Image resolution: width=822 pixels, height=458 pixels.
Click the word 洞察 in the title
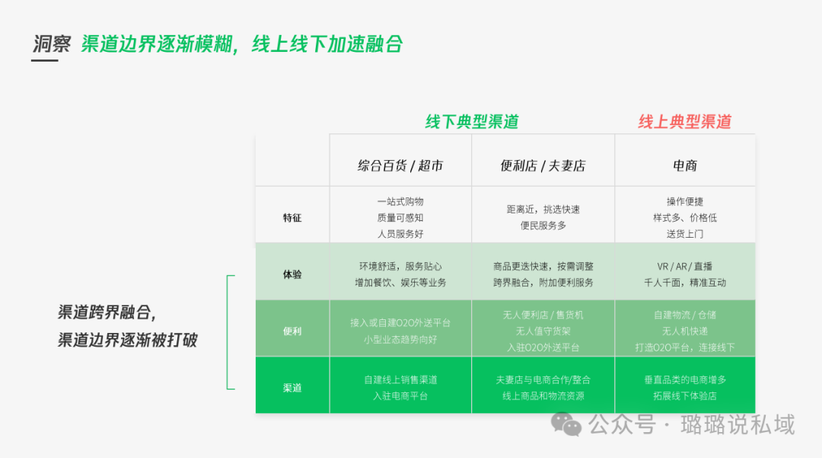(51, 43)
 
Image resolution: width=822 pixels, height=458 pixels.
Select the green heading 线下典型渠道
(471, 122)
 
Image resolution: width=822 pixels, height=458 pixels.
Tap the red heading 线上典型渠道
(684, 122)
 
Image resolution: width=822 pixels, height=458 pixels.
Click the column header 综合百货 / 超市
(400, 165)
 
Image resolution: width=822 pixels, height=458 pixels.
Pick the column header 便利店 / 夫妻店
(543, 165)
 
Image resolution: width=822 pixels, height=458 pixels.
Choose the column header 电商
(685, 165)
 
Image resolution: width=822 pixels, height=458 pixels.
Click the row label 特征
(292, 218)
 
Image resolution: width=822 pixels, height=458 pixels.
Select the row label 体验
(292, 274)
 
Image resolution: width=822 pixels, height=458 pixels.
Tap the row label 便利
(292, 331)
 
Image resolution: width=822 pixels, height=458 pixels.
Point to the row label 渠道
(292, 388)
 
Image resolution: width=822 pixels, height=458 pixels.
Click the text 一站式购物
(400, 202)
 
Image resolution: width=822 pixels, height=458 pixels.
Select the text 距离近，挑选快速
(543, 210)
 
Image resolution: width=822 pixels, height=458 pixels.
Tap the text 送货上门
(685, 234)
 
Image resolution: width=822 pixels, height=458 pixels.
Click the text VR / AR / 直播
(685, 266)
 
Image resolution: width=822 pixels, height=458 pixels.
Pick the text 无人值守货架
(543, 331)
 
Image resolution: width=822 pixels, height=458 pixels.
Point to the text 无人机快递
(685, 331)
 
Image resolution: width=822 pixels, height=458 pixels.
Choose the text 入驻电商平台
(400, 396)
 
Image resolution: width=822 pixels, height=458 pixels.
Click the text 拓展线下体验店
(685, 396)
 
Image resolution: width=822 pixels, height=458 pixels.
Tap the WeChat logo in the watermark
(566, 424)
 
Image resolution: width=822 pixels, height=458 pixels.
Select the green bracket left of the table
(229, 332)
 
